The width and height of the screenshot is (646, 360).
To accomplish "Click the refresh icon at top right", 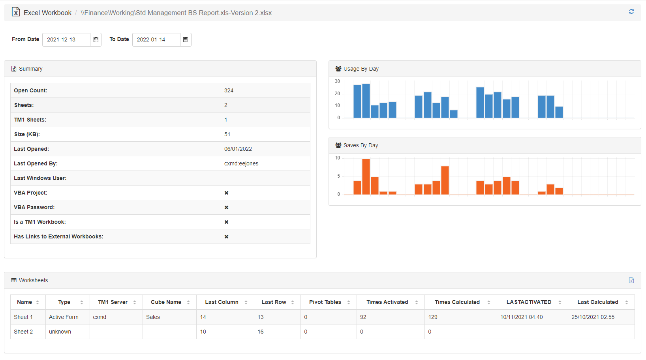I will [x=631, y=12].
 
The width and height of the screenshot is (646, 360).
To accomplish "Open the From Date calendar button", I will [x=96, y=39].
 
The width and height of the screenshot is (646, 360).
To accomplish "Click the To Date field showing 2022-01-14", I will [x=156, y=39].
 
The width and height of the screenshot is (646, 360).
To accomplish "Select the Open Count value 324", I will [x=229, y=90].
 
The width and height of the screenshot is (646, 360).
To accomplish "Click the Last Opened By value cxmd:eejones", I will [x=241, y=163].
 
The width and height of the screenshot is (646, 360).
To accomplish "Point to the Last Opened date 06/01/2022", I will [x=238, y=149].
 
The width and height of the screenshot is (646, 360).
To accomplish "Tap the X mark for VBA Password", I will [x=226, y=207].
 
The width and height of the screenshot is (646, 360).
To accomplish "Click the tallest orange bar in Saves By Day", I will [x=366, y=176].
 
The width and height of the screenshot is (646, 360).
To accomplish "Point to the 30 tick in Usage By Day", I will [x=337, y=81].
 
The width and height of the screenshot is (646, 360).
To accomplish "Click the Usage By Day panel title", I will [x=361, y=69].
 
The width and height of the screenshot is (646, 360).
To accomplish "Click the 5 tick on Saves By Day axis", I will [x=338, y=176].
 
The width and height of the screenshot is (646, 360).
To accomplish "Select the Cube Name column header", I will [x=166, y=302].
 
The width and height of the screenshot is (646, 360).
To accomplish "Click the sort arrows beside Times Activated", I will [x=417, y=302].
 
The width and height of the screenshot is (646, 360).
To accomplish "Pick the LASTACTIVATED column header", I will [x=529, y=302].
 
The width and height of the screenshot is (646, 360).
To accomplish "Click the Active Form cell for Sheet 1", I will [x=64, y=317].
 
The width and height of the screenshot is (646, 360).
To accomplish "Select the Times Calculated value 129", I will [x=433, y=317].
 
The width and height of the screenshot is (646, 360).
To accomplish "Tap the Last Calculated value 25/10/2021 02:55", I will [x=593, y=317].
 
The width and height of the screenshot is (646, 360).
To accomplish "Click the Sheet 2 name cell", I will [x=23, y=332].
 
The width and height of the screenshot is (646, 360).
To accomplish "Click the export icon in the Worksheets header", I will [x=631, y=280].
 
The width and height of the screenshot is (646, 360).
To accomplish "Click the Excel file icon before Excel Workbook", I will [x=16, y=12].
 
